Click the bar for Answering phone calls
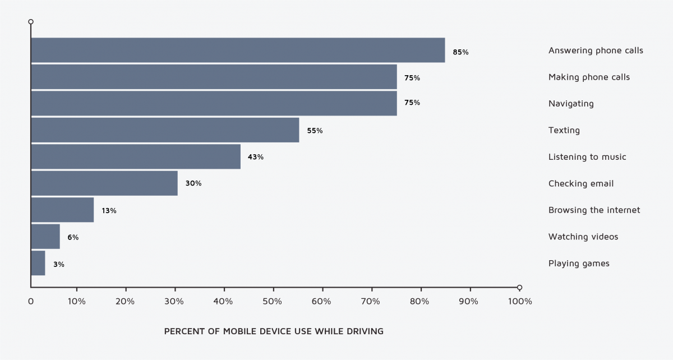(x=238, y=50)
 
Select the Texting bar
(x=165, y=130)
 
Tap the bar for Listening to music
(x=136, y=157)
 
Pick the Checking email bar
(x=104, y=183)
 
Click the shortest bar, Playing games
(x=38, y=264)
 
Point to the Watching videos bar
(x=45, y=237)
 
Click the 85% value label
(x=460, y=52)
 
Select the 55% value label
(x=315, y=131)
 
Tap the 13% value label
(x=109, y=211)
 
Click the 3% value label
(x=59, y=264)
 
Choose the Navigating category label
(x=571, y=104)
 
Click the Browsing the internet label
(x=594, y=210)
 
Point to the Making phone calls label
(x=589, y=77)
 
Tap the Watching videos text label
(x=583, y=237)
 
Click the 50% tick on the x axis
(x=273, y=302)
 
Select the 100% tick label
(x=519, y=302)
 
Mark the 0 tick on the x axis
(x=31, y=302)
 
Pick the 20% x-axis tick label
(x=126, y=302)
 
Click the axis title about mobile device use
(x=274, y=331)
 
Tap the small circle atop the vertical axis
(x=31, y=22)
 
